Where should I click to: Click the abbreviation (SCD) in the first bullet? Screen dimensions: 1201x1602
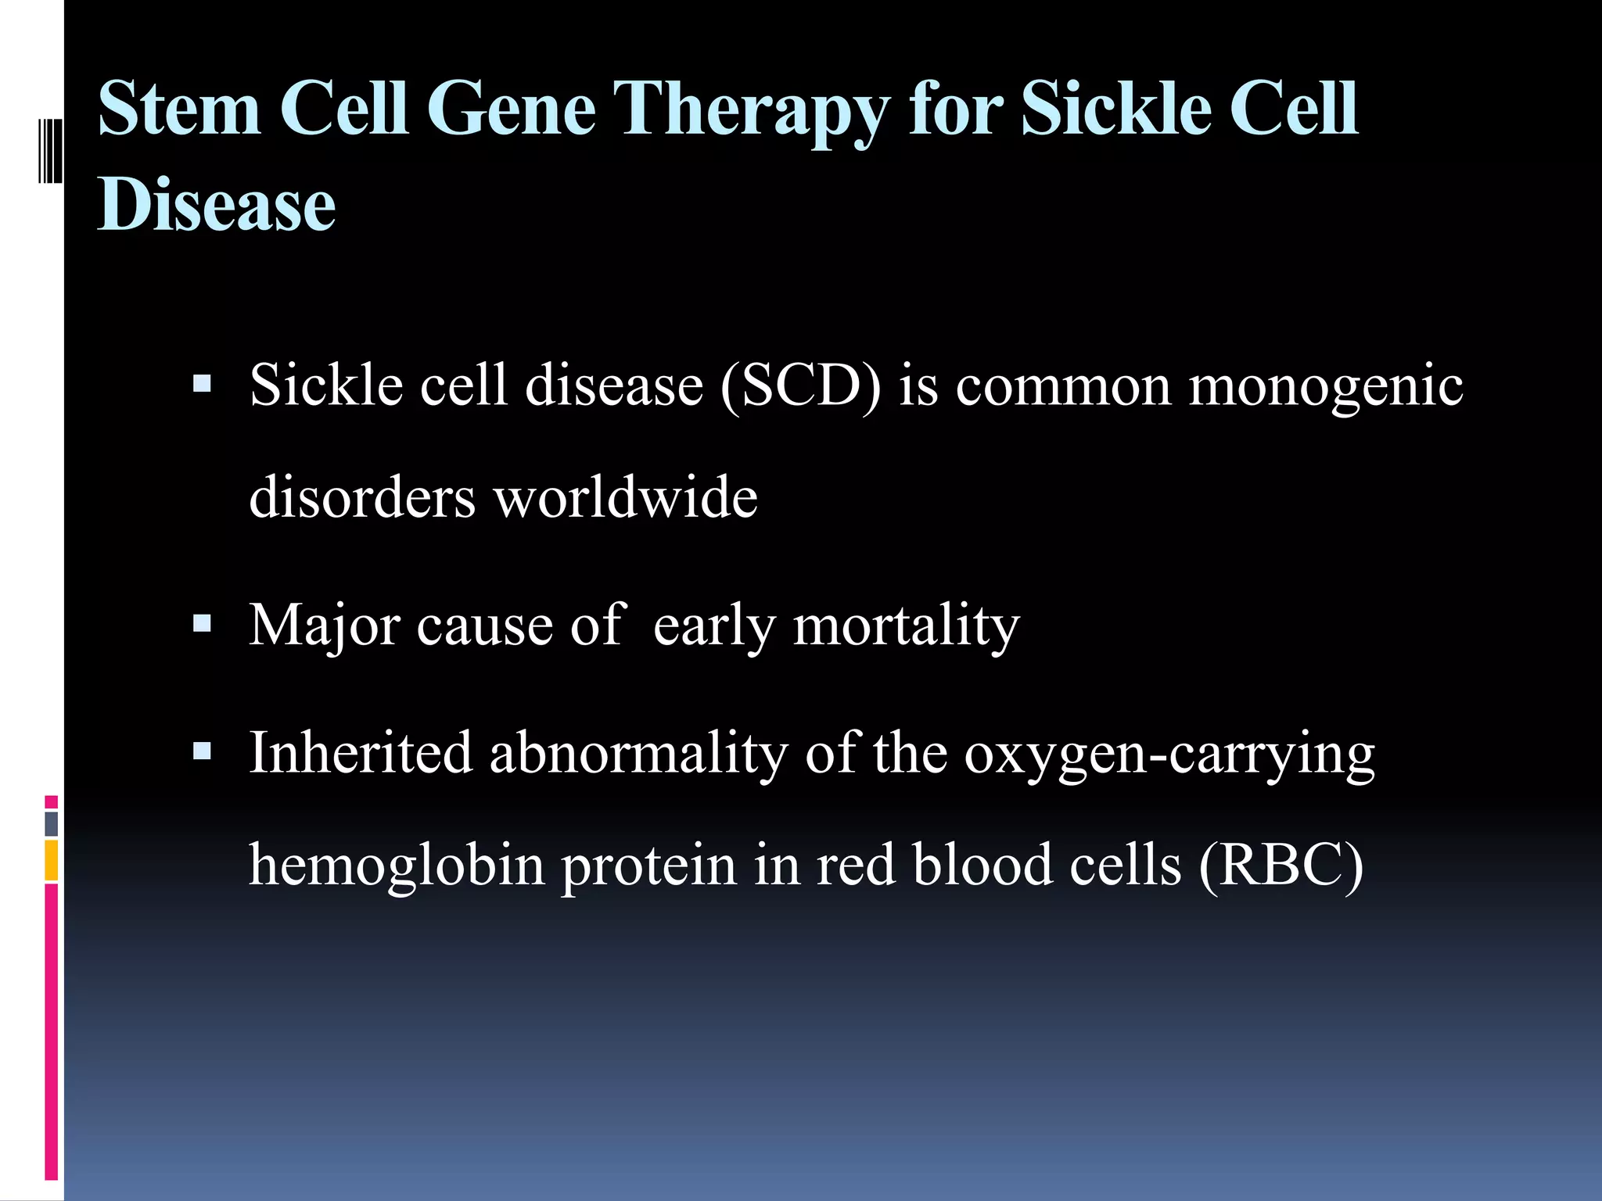[801, 386]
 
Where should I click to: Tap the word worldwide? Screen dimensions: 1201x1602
[626, 497]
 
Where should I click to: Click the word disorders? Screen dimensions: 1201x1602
[361, 497]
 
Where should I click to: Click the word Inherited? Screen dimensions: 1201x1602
[361, 753]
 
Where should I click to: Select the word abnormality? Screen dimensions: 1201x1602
[638, 753]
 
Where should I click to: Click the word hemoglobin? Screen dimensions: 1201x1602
[396, 866]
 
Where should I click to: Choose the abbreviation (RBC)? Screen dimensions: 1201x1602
[1281, 866]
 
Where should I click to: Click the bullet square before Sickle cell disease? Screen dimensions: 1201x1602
[202, 384]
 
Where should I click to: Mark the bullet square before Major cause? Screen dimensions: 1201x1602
[202, 623]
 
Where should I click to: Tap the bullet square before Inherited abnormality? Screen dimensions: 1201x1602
[202, 751]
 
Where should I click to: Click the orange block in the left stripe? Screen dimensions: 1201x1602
[51, 860]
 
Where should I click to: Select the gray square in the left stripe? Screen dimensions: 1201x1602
[51, 823]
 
